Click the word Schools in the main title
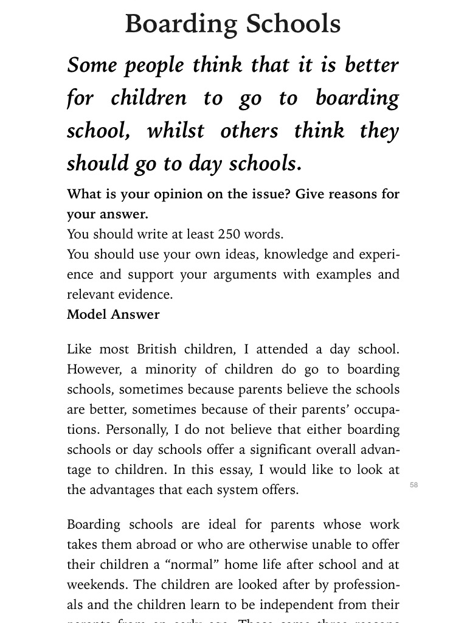tap(293, 24)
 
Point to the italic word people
tap(154, 65)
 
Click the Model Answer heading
tap(113, 315)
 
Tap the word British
tap(159, 350)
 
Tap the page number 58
tap(414, 485)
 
